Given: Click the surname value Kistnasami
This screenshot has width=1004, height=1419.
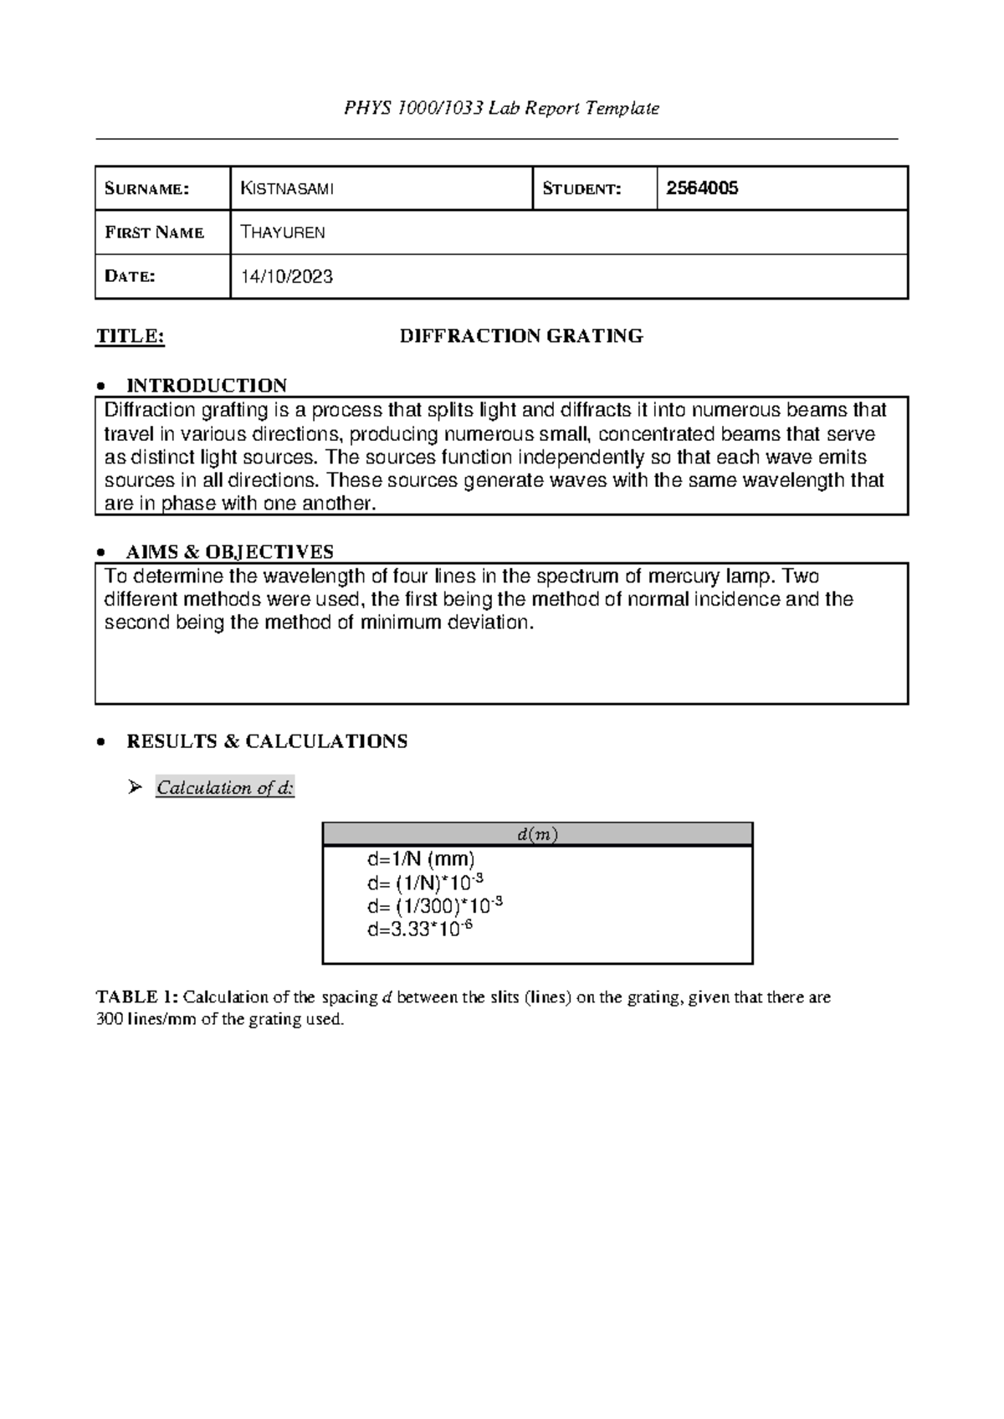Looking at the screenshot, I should (287, 188).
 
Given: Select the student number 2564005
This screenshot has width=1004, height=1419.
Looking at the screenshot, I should (701, 188).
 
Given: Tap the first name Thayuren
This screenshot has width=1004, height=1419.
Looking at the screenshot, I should (282, 233).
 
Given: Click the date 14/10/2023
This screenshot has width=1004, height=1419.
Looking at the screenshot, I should (286, 277).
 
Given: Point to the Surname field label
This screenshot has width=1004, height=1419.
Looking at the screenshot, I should (146, 189).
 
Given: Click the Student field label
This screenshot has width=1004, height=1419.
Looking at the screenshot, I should (581, 189).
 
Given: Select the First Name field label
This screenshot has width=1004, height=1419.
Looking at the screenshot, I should (154, 233).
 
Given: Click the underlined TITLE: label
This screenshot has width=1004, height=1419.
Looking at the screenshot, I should (131, 336).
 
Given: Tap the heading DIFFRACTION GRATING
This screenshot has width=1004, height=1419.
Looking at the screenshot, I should (520, 336).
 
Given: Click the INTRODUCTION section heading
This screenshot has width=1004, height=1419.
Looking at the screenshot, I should (206, 385).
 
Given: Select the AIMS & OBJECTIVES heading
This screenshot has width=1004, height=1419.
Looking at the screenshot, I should (229, 551).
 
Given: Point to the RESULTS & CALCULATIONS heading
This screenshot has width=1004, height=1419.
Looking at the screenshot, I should (266, 741).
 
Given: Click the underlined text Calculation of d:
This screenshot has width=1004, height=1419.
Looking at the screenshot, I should (225, 787).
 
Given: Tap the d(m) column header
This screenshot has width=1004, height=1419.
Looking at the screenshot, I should (537, 834).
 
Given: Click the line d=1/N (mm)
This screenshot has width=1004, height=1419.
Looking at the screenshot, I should (421, 858).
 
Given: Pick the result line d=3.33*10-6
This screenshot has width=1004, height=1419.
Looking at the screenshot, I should (420, 930).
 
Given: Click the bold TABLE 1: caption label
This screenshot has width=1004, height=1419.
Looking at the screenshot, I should (136, 996).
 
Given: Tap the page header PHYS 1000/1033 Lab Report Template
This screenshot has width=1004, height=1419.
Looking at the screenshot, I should (501, 108).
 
